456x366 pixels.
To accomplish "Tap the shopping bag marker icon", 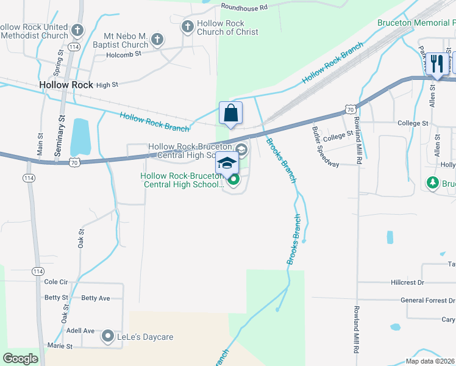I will pos(231,113).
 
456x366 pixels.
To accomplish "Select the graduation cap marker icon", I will pos(227,163).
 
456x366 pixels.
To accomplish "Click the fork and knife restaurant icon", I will pos(436,63).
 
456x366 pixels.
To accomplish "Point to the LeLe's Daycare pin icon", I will pos(108,336).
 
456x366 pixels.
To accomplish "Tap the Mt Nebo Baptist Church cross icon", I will pos(157,40).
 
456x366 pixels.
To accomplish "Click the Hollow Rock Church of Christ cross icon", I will pos(187,27).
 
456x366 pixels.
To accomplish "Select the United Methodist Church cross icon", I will pos(77,30).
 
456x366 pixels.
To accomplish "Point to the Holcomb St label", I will pos(124,53).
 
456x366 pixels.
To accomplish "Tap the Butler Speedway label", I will pos(325,146).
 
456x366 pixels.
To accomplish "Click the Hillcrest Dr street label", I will pos(407,283).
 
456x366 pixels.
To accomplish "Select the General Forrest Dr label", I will pos(427,300).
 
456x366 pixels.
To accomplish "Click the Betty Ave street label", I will pos(96,298).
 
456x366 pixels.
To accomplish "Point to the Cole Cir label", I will pos(56,282).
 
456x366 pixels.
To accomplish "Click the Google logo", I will pos(20,358).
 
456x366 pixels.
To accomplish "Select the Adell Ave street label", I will pos(80,331).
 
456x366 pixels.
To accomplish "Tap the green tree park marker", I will pos(433,183).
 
